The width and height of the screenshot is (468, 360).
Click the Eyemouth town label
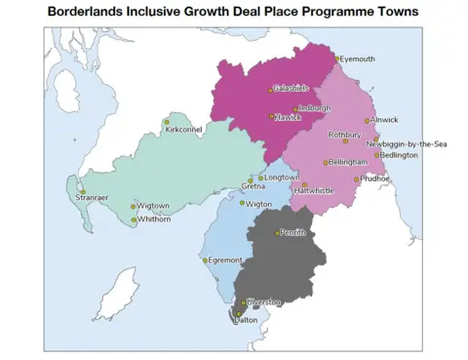[x=357, y=59]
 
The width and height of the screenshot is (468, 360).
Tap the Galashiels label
[x=291, y=89]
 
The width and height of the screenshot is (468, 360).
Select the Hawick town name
[x=288, y=116]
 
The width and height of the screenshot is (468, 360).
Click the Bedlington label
[x=399, y=155]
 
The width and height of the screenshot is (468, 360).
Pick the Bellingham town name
[x=348, y=161]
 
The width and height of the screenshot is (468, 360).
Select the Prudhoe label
[x=375, y=179]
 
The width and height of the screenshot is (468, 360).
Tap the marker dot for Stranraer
[x=83, y=191]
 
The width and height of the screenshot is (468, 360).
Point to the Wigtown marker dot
[x=134, y=207]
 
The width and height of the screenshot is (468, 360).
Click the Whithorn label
[x=154, y=220]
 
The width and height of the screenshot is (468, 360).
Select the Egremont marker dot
[x=206, y=260]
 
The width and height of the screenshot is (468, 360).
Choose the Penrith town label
[x=293, y=232]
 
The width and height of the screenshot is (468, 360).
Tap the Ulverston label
[x=263, y=302]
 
